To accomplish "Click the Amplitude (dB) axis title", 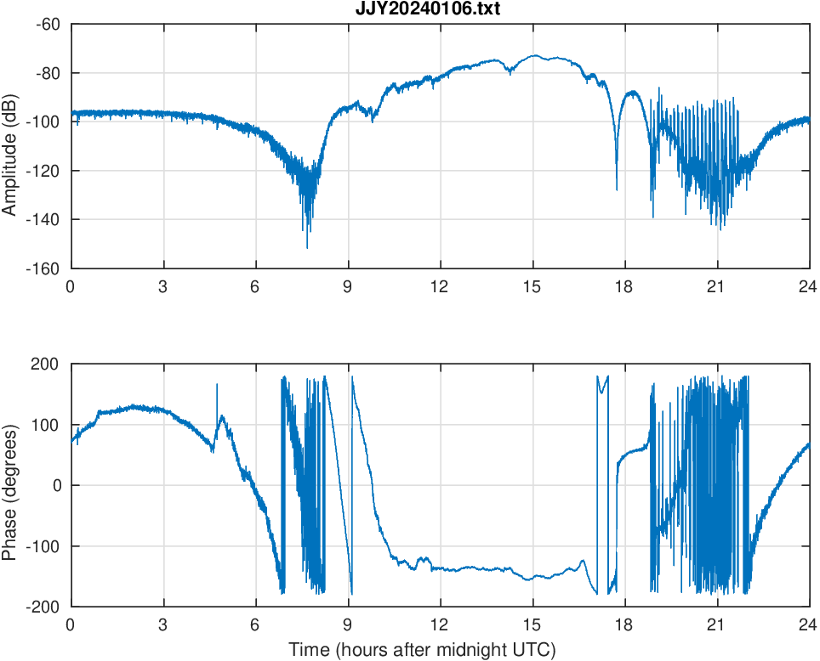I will tap(10, 146).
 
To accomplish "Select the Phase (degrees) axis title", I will tap(10, 485).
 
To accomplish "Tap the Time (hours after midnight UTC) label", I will tap(422, 650).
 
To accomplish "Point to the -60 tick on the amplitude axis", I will tap(48, 25).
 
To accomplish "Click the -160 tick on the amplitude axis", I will tap(43, 268).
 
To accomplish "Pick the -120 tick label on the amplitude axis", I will tap(43, 171).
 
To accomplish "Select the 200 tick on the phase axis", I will tap(46, 364).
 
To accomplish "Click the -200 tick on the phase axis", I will tap(43, 607).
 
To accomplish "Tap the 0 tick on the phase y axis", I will tap(56, 485).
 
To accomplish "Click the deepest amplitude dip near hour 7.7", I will tap(307, 246).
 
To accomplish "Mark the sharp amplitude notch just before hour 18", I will tap(617, 189).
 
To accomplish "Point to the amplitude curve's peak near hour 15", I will tap(534, 56).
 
